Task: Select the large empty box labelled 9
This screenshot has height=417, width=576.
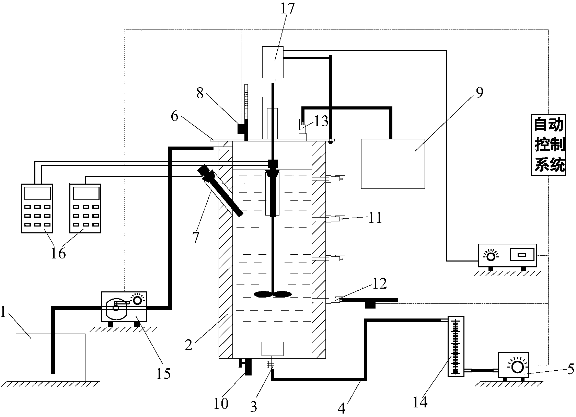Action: point(393,163)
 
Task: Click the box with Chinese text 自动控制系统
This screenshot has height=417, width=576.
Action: point(548,144)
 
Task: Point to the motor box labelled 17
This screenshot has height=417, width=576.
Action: point(273,62)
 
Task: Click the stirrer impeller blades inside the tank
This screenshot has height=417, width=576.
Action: point(273,294)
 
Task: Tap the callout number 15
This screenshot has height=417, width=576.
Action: point(163,373)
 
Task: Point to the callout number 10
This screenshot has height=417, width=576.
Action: point(221,404)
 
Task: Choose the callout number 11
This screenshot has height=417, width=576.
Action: point(375,218)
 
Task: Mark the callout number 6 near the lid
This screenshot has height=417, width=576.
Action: point(174,117)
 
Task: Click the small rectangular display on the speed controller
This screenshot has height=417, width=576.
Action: point(521,255)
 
